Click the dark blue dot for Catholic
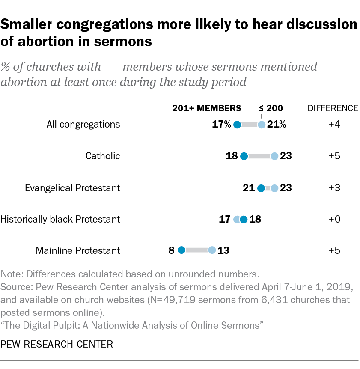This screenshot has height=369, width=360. (244, 156)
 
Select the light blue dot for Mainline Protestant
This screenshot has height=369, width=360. (212, 250)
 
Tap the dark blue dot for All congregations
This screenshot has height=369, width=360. (237, 125)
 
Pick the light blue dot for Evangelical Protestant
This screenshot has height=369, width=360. (274, 188)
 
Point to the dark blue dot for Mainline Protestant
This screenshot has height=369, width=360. (181, 250)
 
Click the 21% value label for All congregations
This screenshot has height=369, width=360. (276, 125)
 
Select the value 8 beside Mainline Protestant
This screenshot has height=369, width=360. (171, 250)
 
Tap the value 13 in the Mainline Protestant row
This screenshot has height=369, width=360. (223, 250)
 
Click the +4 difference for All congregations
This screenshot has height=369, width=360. (334, 125)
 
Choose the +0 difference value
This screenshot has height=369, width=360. (334, 219)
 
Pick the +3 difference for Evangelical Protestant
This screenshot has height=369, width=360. (334, 188)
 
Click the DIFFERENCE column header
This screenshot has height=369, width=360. (333, 108)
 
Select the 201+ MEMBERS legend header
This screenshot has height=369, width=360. (207, 108)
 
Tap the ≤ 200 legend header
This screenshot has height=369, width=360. (271, 108)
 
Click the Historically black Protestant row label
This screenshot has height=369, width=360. (60, 219)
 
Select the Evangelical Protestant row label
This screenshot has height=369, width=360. (72, 188)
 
